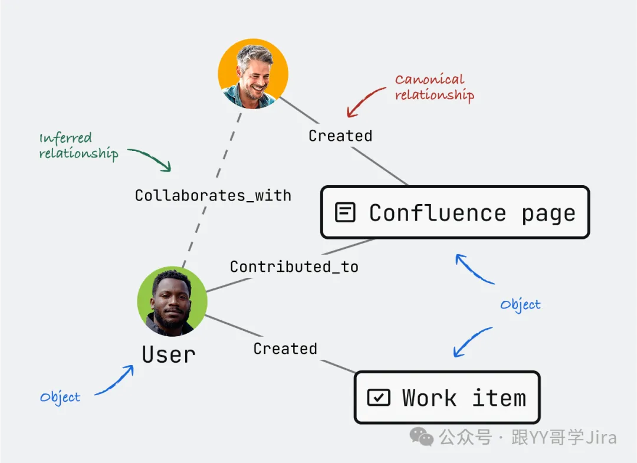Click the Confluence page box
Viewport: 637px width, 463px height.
(x=455, y=212)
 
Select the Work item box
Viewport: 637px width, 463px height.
(x=447, y=398)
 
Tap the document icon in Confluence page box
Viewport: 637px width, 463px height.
(x=345, y=212)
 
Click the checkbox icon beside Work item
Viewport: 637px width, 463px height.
(x=378, y=398)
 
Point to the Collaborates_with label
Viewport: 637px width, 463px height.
(x=213, y=195)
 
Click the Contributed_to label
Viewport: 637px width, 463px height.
(x=294, y=267)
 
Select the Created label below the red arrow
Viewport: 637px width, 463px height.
(x=340, y=136)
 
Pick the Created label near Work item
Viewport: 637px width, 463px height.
(x=285, y=349)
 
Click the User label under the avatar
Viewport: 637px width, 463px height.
(x=169, y=354)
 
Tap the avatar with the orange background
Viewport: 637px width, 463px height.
(x=253, y=74)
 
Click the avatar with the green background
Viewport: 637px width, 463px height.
(x=172, y=301)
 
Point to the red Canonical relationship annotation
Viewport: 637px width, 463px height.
(x=434, y=87)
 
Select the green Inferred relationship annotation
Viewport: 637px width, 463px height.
(x=78, y=146)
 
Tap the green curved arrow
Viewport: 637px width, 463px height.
(x=150, y=157)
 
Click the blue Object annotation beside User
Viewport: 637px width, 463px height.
(x=60, y=397)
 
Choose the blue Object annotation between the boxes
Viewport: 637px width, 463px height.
(x=520, y=304)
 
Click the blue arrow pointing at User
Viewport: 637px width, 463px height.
(x=116, y=380)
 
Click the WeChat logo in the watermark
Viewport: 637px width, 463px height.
(x=422, y=437)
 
